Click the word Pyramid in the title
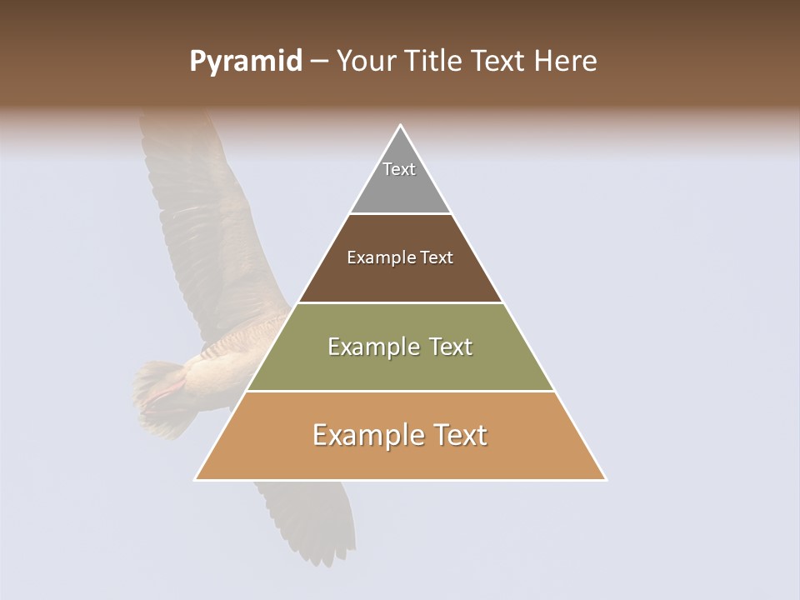[245, 62]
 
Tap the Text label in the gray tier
[399, 169]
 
